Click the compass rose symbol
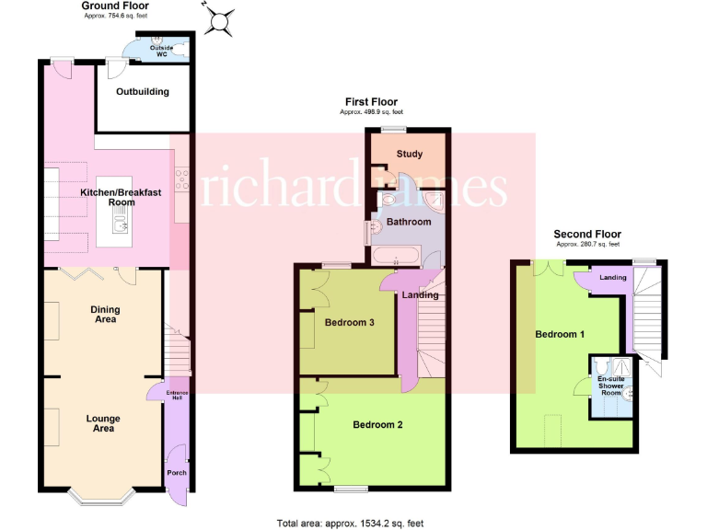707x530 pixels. [x=219, y=20]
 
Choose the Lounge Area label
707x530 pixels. [x=103, y=423]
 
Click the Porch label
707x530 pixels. [x=176, y=473]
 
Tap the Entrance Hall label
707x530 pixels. [x=176, y=395]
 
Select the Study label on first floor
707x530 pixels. [x=409, y=154]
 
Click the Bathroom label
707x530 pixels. [x=408, y=222]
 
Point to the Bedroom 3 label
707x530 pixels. [x=348, y=322]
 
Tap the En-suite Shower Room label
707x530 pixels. [x=610, y=386]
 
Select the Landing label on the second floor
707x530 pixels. [x=612, y=277]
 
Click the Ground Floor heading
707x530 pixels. [x=115, y=6]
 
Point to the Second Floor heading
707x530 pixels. [x=587, y=235]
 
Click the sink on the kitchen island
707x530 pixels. [x=117, y=224]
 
